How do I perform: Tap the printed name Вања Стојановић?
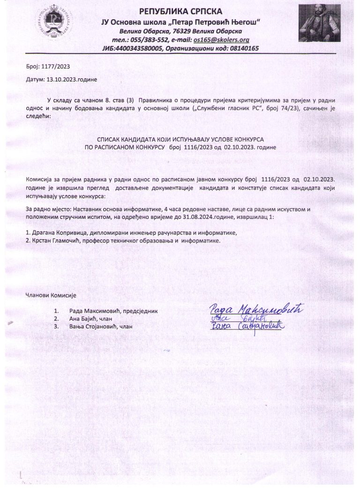pos(94,326)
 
